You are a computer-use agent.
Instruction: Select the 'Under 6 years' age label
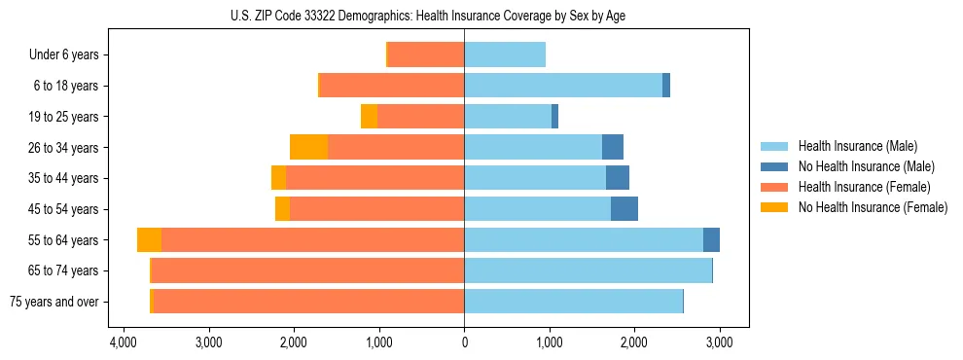64,55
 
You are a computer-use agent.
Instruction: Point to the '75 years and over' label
54,302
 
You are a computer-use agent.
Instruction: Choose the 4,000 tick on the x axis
124,343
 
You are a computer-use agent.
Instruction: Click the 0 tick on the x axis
464,343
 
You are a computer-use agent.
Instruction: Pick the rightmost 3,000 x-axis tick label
719,343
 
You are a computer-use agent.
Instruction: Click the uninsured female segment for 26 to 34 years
309,147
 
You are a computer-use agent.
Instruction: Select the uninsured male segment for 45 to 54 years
624,209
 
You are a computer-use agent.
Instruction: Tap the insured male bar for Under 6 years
505,55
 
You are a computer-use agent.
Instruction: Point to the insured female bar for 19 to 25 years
420,117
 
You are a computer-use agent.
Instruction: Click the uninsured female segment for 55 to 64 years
149,240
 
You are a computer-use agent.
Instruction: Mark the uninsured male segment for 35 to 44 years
618,178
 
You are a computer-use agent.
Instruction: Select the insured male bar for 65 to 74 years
588,270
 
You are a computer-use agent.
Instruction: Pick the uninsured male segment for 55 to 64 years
711,240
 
